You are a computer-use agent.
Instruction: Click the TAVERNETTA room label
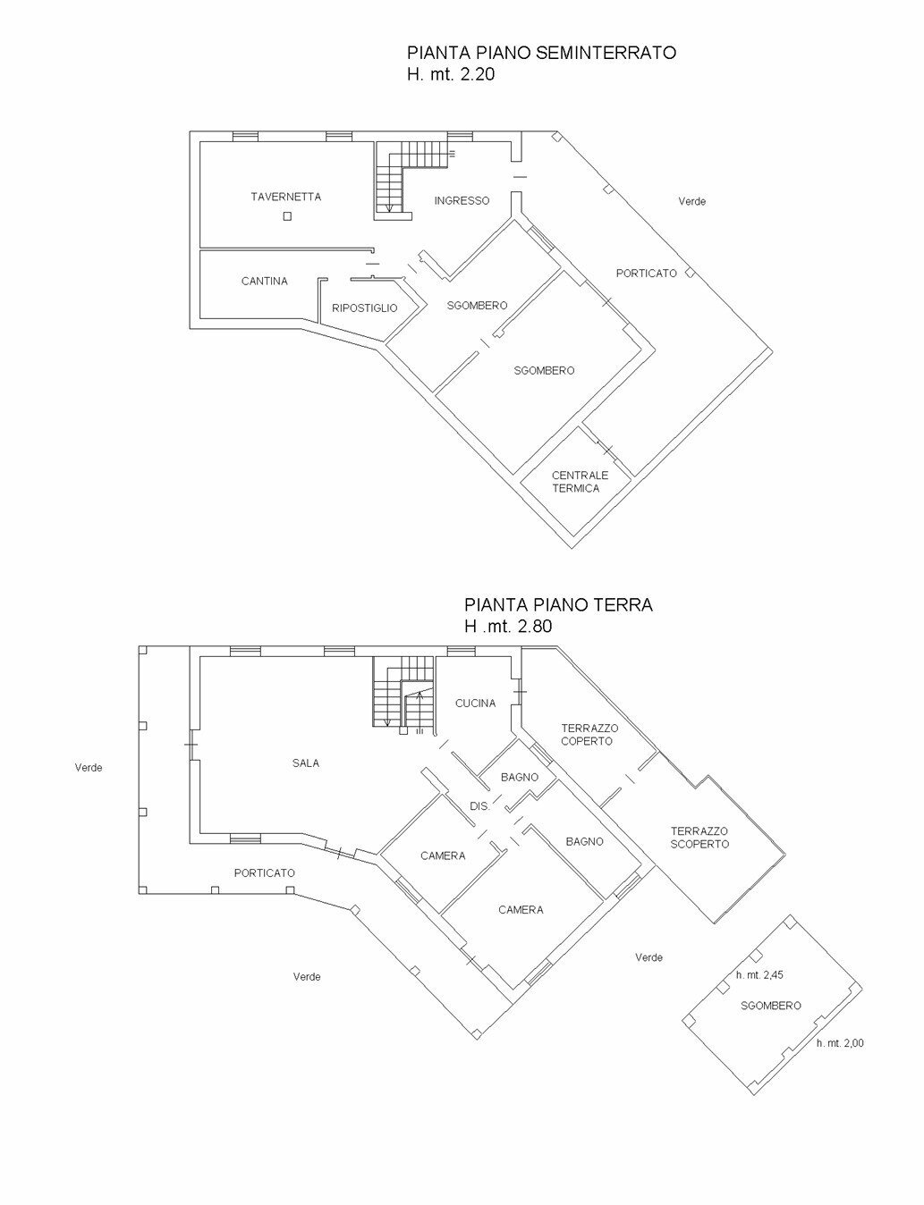pos(285,197)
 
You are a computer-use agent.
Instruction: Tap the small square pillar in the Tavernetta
pos(285,216)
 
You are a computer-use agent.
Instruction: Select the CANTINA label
pos(264,282)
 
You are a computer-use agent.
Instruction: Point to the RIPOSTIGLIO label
pos(364,308)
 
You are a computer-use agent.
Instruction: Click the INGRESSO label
pos(462,201)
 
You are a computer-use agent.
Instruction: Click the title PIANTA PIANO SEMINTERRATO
pos(541,53)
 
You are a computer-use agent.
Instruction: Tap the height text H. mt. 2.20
pos(451,75)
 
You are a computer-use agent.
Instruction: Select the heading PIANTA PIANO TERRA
pos(558,605)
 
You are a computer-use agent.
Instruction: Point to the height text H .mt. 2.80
pos(508,627)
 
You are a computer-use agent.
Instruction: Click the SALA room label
pos(305,763)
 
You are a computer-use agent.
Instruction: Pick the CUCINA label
pos(475,704)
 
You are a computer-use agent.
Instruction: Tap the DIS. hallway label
pos(480,806)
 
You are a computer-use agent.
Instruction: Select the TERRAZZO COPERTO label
pos(589,735)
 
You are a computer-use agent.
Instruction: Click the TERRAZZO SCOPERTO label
pos(699,838)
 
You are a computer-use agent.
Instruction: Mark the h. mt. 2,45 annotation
pos(759,975)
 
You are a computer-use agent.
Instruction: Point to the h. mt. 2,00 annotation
pos(840,1043)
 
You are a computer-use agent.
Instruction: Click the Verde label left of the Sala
pos(89,768)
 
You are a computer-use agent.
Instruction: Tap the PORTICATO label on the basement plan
pos(646,274)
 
